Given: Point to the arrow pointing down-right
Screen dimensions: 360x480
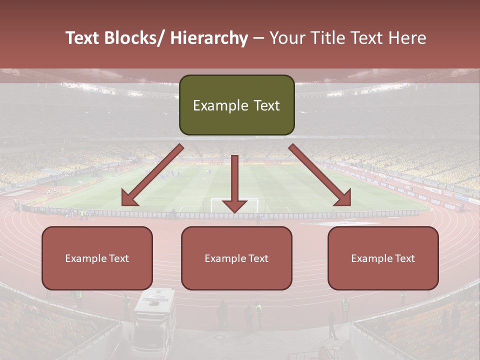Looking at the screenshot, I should coord(320,175).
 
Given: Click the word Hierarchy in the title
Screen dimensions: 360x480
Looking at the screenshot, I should coord(209,38).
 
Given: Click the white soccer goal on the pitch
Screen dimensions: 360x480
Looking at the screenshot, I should coord(234,204).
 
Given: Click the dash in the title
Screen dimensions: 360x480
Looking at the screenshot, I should coord(258,38).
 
